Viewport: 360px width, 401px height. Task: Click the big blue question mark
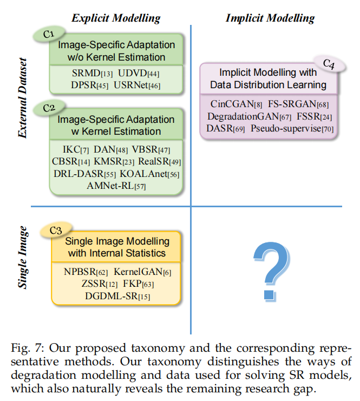[270, 269]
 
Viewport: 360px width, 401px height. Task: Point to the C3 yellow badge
[56, 231]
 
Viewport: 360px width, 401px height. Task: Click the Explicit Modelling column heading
[116, 18]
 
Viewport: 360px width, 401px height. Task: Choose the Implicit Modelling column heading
[270, 18]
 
